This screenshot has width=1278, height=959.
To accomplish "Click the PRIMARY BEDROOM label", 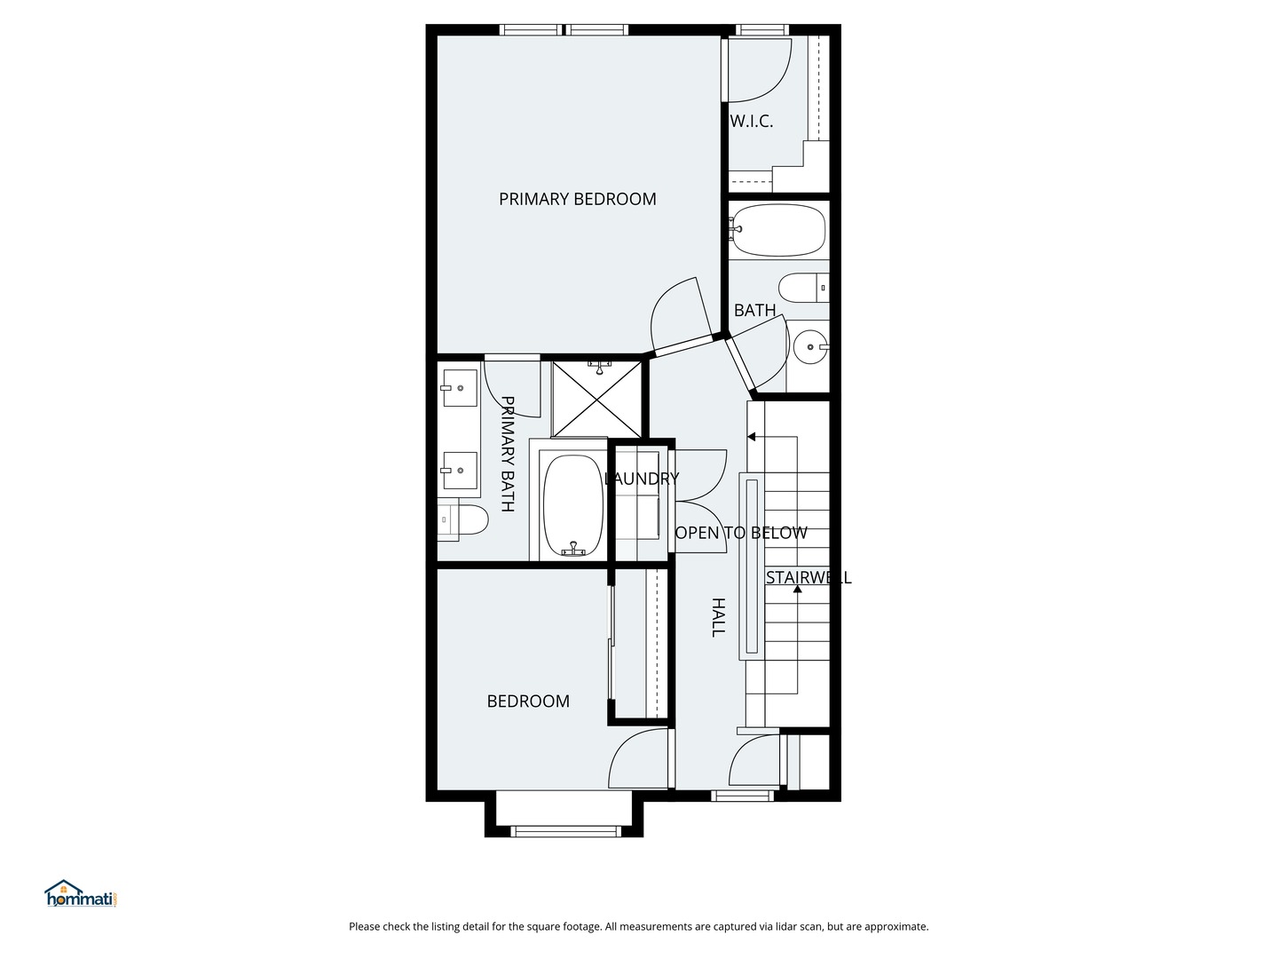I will (577, 199).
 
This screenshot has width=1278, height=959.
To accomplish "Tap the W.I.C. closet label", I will (751, 122).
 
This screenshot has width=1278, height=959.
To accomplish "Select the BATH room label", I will (754, 310).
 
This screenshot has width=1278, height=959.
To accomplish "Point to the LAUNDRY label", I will (641, 479).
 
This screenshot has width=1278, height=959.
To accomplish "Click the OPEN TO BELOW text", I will (741, 533).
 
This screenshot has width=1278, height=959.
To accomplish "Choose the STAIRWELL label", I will (808, 577).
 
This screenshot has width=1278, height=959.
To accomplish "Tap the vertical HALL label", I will (719, 616).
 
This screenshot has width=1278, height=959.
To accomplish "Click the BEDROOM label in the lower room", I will (528, 701).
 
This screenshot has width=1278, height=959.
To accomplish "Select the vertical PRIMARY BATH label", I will (508, 454).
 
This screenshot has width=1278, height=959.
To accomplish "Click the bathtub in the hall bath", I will (779, 230).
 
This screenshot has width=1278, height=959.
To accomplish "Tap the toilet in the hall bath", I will (803, 288).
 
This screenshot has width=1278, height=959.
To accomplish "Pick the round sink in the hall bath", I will (809, 347).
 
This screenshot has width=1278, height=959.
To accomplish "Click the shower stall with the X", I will (596, 398).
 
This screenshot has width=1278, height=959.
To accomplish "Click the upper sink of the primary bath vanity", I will (460, 388).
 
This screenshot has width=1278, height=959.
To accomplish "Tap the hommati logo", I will (81, 894).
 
